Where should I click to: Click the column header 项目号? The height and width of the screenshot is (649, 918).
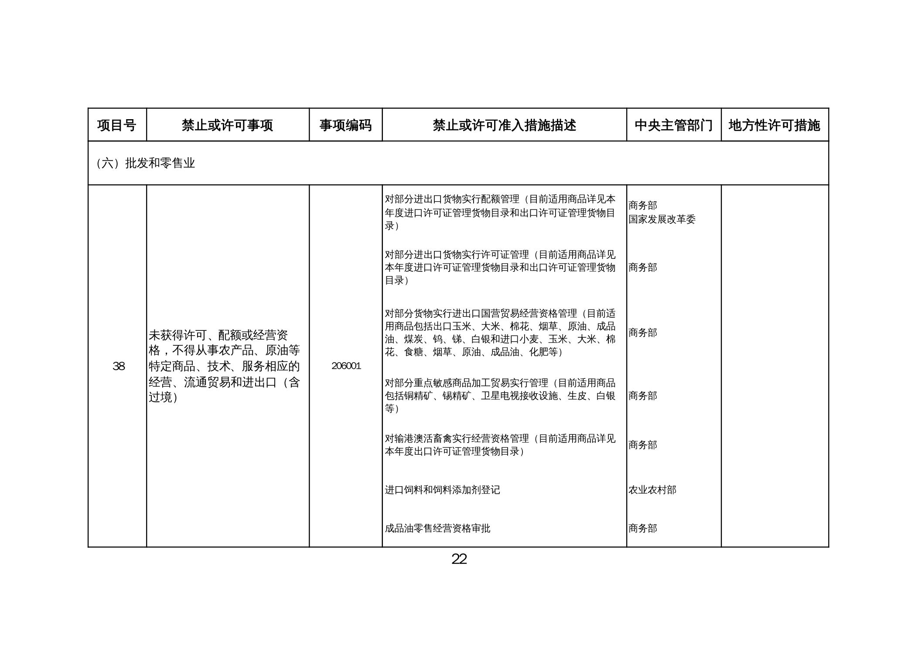click(116, 125)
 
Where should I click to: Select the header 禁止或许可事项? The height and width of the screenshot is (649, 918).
click(227, 125)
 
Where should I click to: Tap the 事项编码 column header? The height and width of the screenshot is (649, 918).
click(345, 125)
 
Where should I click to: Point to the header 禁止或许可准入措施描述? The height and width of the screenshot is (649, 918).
click(504, 125)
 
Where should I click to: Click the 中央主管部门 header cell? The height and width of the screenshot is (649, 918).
click(673, 125)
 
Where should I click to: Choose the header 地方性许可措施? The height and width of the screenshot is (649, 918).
click(774, 125)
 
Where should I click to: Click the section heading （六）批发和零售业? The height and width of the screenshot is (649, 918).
click(145, 163)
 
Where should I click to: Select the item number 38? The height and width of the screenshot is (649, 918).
click(119, 366)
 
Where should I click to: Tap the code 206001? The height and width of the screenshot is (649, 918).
click(346, 366)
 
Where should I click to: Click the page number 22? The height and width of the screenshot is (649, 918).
click(459, 559)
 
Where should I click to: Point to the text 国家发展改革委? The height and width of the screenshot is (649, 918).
click(662, 219)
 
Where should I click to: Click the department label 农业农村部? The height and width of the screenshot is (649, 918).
click(652, 490)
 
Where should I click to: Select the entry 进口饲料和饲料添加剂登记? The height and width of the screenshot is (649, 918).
click(442, 490)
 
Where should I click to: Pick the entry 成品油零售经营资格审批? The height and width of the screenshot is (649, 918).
click(437, 529)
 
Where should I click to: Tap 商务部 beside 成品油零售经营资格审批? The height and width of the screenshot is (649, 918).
click(642, 529)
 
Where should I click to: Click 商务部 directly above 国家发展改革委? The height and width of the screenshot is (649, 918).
click(642, 205)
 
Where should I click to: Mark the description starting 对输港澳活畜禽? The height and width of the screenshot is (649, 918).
click(500, 445)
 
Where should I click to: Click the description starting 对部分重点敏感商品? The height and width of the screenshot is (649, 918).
click(500, 395)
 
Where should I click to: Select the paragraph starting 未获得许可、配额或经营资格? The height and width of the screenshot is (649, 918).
click(224, 366)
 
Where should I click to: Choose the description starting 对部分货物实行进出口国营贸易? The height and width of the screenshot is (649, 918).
click(500, 333)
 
